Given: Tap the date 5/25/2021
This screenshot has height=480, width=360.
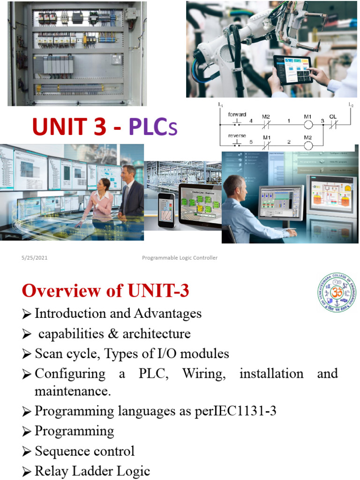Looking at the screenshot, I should point(34,258).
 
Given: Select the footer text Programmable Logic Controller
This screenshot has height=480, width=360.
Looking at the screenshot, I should point(180,258).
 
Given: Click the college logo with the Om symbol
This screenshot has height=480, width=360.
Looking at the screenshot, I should point(336,293).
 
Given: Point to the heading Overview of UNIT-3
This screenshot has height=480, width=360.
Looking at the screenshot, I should point(105,291).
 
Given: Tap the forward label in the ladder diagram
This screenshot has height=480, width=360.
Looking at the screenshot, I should point(237,114).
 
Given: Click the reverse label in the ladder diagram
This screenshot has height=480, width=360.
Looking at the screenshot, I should point(237,135).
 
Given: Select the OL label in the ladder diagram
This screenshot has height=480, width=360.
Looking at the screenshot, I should point(333,116).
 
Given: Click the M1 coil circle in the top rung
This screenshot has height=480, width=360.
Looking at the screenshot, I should point(308,125).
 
